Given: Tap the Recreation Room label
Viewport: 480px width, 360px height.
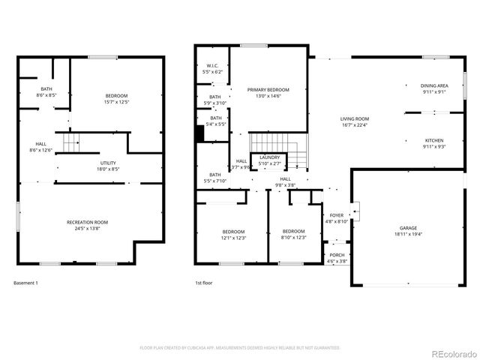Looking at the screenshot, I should [88, 222].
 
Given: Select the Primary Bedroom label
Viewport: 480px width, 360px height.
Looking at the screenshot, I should [268, 89].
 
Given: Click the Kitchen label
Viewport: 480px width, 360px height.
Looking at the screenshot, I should [434, 140].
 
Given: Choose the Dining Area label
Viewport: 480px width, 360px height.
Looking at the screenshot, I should [433, 85].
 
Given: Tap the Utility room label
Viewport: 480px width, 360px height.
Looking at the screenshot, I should [109, 163].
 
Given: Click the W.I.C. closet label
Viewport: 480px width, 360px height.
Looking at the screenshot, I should [213, 66].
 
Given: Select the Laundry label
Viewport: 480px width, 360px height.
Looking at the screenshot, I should [269, 157].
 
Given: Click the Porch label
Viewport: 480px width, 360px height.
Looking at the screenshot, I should [337, 255].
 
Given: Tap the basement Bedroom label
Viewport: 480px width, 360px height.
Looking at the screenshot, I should [116, 95].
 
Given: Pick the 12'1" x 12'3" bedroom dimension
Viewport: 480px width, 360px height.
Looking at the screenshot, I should [233, 238].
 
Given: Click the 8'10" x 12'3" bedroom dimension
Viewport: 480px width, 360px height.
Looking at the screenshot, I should [293, 238].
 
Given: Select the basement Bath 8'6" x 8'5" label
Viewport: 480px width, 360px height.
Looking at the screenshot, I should [46, 96].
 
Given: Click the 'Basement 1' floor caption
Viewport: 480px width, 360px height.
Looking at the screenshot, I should [25, 283].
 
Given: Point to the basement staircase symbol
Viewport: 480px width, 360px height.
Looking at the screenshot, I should [70, 142].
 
